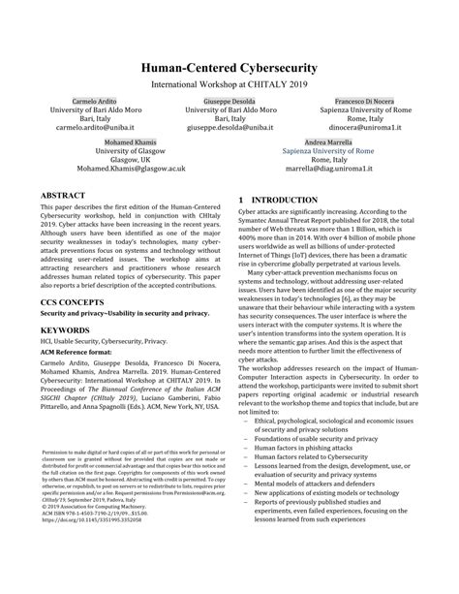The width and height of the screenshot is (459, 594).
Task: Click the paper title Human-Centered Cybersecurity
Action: [229, 69]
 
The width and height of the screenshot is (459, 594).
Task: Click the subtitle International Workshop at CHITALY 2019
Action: [229, 84]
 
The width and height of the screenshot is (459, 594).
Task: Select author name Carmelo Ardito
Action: [92, 102]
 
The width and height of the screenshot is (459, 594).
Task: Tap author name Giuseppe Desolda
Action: [229, 102]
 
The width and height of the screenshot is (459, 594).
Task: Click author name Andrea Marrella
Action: [327, 142]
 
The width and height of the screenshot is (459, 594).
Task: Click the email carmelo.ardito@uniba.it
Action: [92, 127]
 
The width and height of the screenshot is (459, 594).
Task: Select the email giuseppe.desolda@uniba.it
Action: [229, 127]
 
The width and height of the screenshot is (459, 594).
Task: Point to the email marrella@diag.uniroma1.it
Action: [327, 167]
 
